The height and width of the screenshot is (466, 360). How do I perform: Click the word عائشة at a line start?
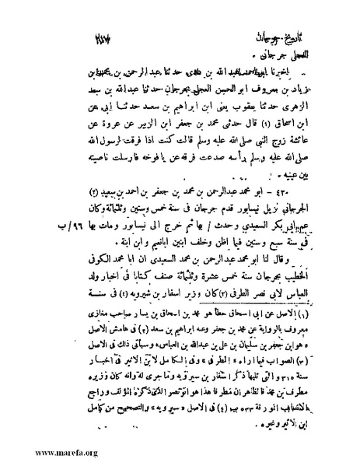(301, 128)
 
